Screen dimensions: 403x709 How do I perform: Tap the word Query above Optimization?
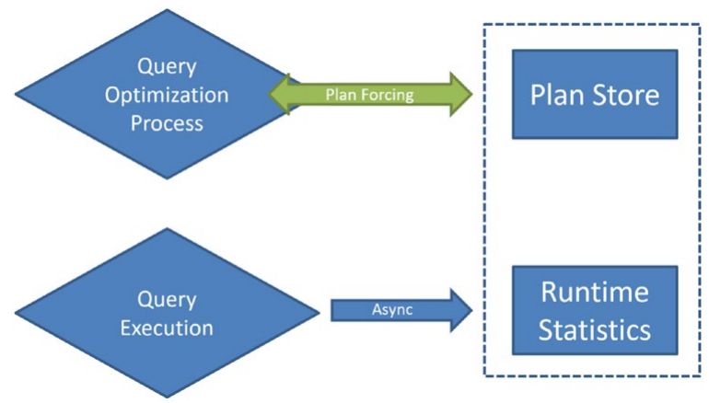[x=167, y=67]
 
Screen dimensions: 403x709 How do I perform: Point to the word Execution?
[x=167, y=328]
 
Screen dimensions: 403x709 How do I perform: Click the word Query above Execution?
[x=167, y=300]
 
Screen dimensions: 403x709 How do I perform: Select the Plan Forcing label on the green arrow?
[x=369, y=94]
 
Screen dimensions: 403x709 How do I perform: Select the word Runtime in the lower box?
[x=594, y=293]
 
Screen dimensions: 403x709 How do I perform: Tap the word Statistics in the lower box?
[x=594, y=328]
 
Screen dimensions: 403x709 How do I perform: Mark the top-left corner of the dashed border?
[x=484, y=25]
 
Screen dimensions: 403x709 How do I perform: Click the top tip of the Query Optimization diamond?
[x=166, y=10]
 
